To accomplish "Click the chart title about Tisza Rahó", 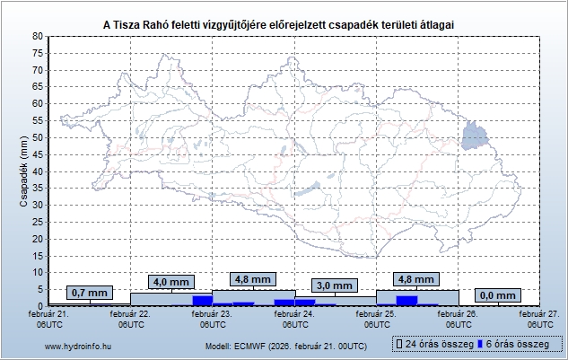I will click(x=284, y=21).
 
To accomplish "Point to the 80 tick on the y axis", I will click(x=37, y=36).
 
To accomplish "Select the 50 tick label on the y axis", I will click(x=37, y=137).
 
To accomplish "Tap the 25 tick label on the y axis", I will click(x=37, y=222).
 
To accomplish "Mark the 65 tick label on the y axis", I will click(x=37, y=87).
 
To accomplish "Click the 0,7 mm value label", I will click(x=89, y=294).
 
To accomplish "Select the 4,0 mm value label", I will click(x=170, y=282).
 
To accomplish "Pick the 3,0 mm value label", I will click(x=335, y=286).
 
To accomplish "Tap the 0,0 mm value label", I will click(x=498, y=295).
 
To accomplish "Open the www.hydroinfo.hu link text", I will click(x=77, y=346).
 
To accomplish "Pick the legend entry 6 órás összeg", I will click(x=517, y=345).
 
